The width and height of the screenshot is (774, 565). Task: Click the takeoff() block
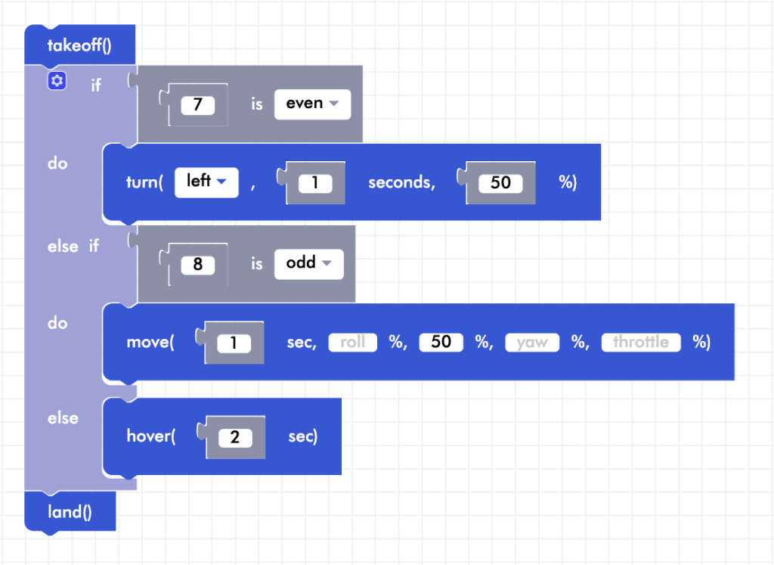coord(79,45)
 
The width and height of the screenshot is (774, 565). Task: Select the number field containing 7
coord(198,104)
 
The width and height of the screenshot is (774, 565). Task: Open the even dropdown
coord(312,104)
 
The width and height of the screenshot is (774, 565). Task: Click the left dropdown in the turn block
coord(206,182)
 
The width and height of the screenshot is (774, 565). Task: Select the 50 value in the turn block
coord(500,183)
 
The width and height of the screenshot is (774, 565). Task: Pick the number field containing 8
coord(198,265)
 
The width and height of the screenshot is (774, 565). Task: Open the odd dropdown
coord(308,264)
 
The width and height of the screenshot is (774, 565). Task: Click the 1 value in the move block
coord(234,343)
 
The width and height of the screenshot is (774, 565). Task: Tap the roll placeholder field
coord(352,343)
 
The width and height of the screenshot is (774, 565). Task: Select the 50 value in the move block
coord(441,343)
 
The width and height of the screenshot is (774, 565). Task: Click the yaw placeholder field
coord(532,343)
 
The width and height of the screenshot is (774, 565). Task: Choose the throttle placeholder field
coord(640,343)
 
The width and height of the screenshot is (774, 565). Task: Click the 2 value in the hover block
coord(235,437)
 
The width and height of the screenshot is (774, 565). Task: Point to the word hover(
coord(151,436)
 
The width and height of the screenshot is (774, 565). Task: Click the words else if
coord(73,246)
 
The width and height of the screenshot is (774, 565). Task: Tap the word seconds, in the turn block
coord(401,183)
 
